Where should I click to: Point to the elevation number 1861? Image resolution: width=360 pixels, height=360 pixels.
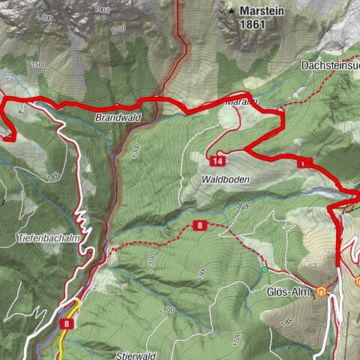(252, 24)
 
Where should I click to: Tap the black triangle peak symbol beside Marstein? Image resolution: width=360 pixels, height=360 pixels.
(231, 11)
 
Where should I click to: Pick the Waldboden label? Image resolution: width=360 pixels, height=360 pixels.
(224, 180)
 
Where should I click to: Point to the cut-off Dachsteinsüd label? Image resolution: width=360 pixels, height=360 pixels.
(331, 66)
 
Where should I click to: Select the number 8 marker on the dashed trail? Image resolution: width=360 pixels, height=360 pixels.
(201, 225)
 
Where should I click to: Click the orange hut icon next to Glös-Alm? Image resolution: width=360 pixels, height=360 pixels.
(322, 291)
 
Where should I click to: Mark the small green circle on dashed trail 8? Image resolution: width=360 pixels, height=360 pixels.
(264, 268)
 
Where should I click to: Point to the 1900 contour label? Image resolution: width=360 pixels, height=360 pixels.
(102, 10)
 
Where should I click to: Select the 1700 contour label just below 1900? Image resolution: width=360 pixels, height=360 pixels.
(117, 30)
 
